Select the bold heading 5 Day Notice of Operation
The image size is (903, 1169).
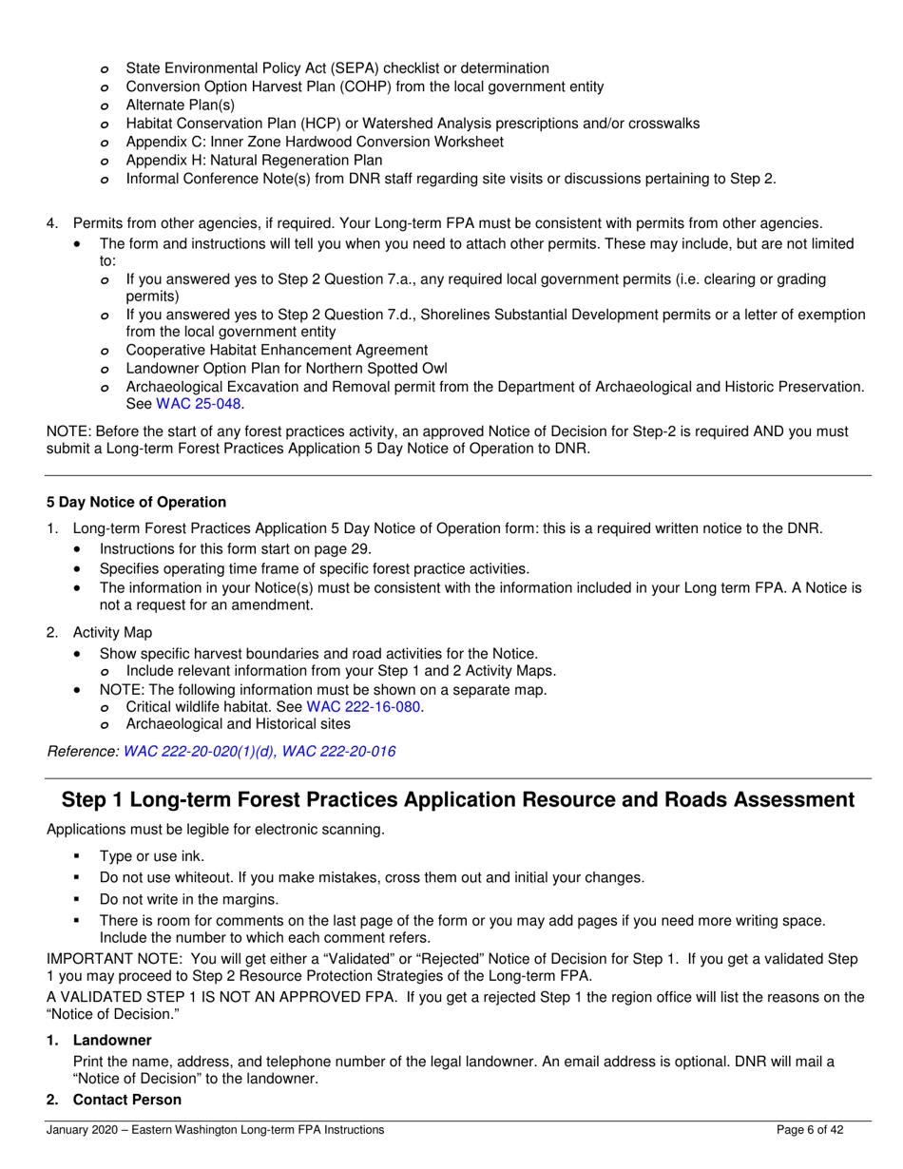click(x=137, y=502)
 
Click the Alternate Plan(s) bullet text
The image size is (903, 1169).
click(x=180, y=105)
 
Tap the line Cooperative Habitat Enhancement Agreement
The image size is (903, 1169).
click(x=277, y=350)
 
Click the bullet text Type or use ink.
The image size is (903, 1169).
click(x=151, y=856)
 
